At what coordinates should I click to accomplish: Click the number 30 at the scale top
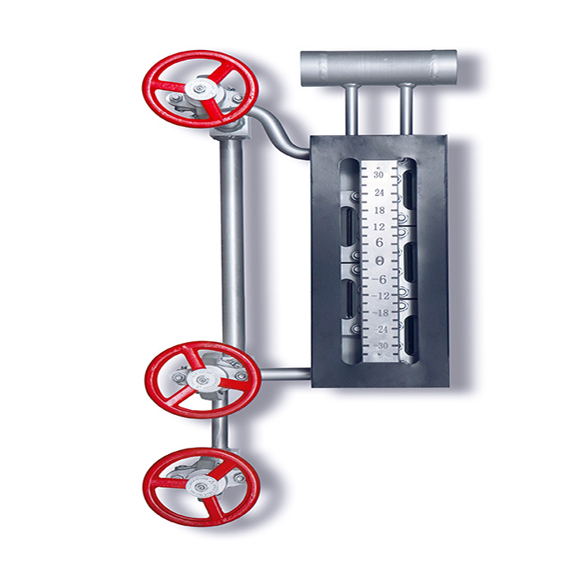(x=379, y=175)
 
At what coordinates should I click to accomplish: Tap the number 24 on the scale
(x=379, y=193)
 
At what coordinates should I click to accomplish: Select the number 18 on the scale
(x=380, y=210)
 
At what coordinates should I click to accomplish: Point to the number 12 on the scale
(x=379, y=227)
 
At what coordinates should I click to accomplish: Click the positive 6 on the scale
(x=379, y=243)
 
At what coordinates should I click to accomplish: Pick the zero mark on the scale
(x=380, y=261)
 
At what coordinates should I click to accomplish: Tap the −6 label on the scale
(x=379, y=280)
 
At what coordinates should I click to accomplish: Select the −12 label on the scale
(x=380, y=296)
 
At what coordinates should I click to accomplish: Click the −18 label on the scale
(x=380, y=313)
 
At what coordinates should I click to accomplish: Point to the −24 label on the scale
(x=380, y=330)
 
